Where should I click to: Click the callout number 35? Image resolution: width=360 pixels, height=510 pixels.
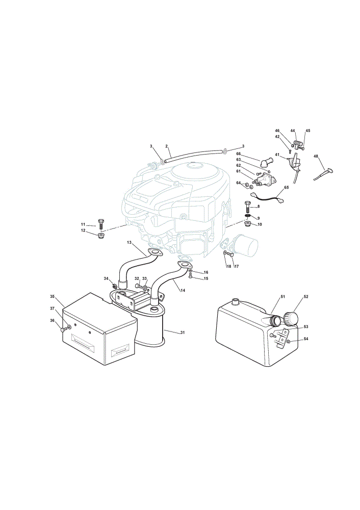coord(53,296)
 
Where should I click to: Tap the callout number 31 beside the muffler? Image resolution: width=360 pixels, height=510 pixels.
coord(183,332)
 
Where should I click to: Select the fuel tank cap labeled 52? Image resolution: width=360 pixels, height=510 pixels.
coord(291,318)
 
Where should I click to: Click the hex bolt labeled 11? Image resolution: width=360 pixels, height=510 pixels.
coord(100,224)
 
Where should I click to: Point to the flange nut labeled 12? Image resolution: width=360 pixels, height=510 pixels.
coord(100,235)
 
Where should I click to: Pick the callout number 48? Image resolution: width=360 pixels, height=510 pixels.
coord(316,157)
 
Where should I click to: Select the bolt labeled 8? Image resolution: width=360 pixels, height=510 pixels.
coord(247,206)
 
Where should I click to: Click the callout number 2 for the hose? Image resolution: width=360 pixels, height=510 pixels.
coord(167,146)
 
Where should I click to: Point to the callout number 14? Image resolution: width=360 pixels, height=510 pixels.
coord(183,291)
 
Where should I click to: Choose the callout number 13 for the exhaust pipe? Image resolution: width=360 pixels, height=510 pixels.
coord(130,243)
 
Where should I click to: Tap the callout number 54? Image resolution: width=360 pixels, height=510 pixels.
coord(305,339)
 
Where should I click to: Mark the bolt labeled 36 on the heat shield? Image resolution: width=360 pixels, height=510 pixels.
coord(63,329)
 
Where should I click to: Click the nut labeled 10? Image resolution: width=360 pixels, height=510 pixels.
coord(247,224)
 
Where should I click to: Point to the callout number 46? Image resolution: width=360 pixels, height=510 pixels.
coord(277,131)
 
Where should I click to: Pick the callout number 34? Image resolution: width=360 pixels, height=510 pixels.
coord(106,278)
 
